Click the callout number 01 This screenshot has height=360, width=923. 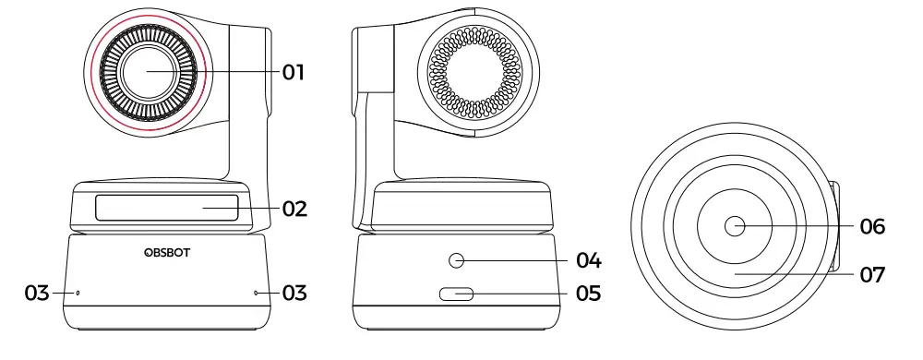click(294, 72)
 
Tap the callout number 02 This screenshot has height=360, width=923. click(294, 209)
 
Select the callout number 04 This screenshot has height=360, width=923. click(588, 259)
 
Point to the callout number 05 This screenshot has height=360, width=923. click(588, 294)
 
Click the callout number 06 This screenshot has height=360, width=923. click(872, 225)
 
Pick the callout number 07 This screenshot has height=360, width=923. click(872, 274)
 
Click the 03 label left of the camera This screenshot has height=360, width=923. click(37, 294)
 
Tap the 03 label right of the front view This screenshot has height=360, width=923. click(294, 294)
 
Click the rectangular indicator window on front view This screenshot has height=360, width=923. click(165, 208)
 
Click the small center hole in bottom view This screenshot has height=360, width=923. click(736, 224)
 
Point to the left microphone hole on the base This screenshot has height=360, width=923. click(78, 294)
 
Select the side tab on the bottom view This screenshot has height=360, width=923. click(836, 227)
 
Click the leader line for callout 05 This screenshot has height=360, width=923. click(521, 295)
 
